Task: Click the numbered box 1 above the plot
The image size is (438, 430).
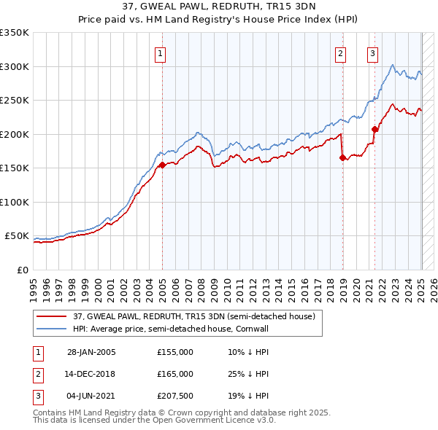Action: coord(159,52)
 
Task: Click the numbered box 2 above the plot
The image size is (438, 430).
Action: coord(340,52)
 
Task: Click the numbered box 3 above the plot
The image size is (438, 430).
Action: coord(372,52)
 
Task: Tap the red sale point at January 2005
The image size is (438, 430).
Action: coord(162,165)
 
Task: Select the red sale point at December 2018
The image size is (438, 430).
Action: coord(342,157)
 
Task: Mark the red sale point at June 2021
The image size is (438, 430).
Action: coord(374,129)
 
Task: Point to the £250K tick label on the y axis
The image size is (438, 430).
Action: coord(15,101)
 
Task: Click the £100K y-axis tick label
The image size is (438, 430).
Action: coord(15,202)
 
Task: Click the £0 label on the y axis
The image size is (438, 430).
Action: coord(22,270)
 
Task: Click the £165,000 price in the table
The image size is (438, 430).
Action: coord(175,374)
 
